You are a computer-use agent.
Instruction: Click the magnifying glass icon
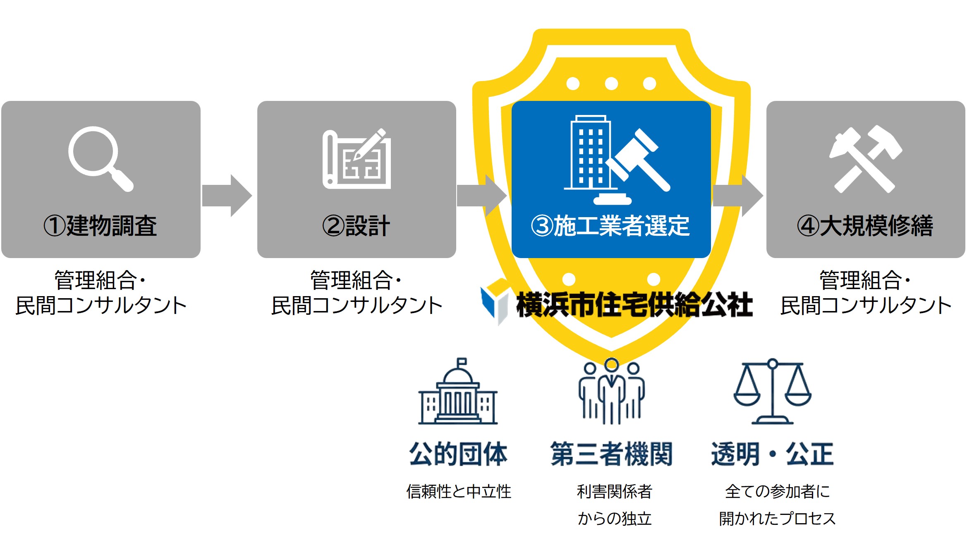tap(99, 158)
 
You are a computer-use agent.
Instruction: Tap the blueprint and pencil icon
tap(357, 159)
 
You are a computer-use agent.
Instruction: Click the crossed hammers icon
tap(865, 159)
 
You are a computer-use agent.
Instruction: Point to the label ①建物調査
tap(101, 226)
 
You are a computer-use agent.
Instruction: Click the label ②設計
tap(356, 226)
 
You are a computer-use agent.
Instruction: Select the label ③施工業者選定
tap(610, 226)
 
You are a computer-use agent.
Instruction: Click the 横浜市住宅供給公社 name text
tap(634, 305)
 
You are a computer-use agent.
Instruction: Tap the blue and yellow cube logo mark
tap(495, 301)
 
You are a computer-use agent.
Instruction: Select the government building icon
tap(458, 392)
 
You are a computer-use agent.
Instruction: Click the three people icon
tap(611, 392)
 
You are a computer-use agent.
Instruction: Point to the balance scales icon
tap(772, 392)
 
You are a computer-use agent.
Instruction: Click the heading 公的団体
tap(458, 454)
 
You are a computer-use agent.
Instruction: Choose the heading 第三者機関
tap(611, 454)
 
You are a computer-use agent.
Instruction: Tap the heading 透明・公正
tap(772, 454)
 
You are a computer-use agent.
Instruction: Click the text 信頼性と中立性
tap(459, 491)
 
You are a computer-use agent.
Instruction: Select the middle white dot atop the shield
tap(611, 84)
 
